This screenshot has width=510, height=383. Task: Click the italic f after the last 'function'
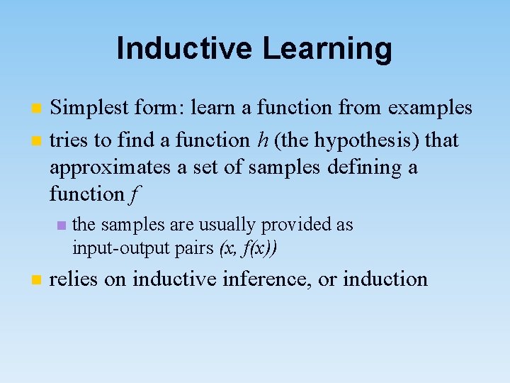pyautogui.click(x=135, y=194)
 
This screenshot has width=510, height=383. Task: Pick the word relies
pyautogui.click(x=74, y=279)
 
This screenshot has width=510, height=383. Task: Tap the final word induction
pyautogui.click(x=385, y=279)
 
